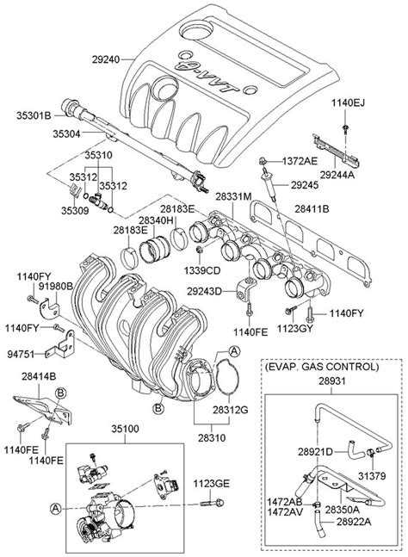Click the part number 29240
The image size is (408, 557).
[x=106, y=59]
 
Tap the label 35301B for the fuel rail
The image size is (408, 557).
[x=34, y=115]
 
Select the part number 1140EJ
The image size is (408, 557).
[x=348, y=102]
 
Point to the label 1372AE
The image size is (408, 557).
[x=300, y=161]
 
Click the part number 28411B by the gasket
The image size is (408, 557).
[x=312, y=209]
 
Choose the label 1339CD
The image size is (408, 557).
[x=202, y=270]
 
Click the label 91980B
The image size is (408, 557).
[x=56, y=287]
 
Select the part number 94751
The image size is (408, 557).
[x=22, y=354]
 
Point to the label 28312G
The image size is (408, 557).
[x=231, y=410]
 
